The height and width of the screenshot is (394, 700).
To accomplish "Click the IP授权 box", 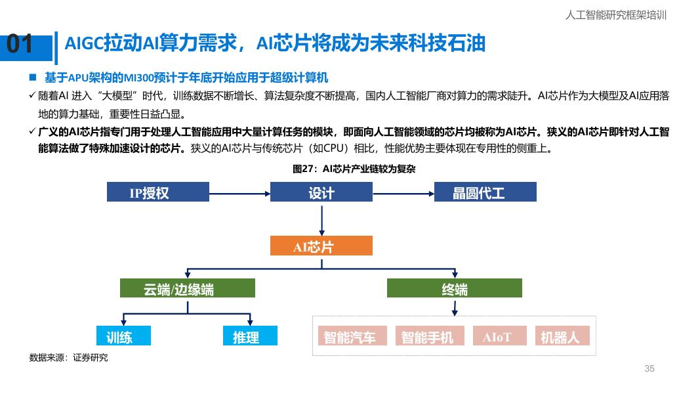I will click(157, 192).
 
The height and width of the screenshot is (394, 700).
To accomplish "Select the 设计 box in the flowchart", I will click(321, 192).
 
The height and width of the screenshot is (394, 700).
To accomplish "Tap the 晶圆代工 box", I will click(485, 192).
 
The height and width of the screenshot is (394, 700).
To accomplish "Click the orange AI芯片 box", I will click(321, 246).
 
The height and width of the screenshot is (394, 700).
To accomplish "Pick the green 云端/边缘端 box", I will click(187, 288).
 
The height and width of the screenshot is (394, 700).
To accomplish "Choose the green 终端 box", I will click(454, 288).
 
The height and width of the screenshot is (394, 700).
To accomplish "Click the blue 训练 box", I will click(123, 336).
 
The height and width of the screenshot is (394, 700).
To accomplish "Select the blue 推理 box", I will click(250, 336).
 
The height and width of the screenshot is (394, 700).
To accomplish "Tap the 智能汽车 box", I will click(352, 336).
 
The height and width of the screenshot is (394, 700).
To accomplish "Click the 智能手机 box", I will click(429, 336).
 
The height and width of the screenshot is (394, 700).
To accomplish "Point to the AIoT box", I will click(499, 336).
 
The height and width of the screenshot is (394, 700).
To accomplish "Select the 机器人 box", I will click(562, 336).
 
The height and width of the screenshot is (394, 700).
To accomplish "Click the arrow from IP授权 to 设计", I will click(239, 192).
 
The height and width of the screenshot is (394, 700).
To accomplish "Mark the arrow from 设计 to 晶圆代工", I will click(403, 192).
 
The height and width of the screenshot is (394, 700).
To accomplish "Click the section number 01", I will click(20, 45).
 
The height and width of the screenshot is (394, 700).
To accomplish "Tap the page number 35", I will click(649, 368).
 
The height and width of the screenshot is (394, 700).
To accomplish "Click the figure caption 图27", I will click(354, 169).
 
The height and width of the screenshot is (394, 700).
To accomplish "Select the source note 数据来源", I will click(68, 358).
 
